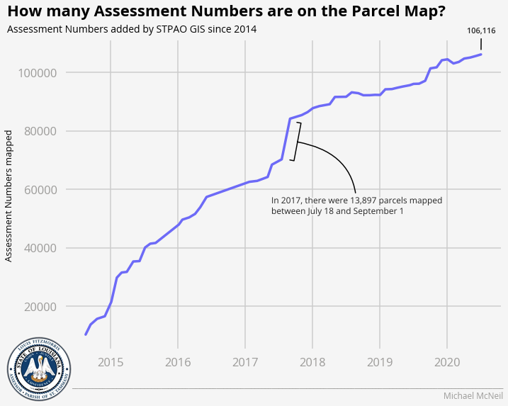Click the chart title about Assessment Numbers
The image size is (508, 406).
(226, 11)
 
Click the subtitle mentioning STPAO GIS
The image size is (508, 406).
(131, 29)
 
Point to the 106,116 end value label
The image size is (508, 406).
(481, 30)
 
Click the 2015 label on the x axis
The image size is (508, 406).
(111, 363)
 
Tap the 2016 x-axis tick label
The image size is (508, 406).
(178, 363)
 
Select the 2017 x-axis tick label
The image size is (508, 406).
(245, 363)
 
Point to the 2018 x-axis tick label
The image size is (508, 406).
(312, 363)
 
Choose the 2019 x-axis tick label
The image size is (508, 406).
(380, 363)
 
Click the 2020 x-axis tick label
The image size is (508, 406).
(447, 363)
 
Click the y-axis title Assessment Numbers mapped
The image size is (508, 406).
(9, 196)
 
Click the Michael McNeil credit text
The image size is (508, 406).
(473, 395)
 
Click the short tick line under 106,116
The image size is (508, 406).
(481, 44)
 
